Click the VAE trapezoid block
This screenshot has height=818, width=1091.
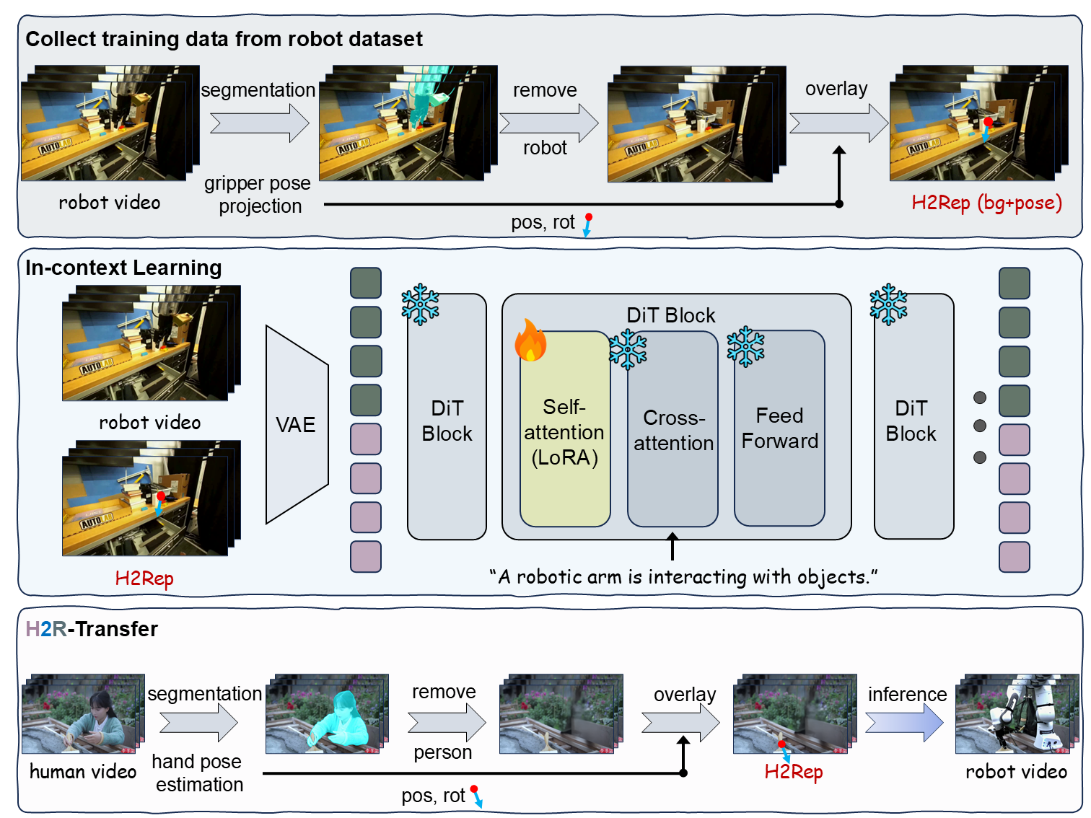297,425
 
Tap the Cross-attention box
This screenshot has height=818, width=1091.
672,431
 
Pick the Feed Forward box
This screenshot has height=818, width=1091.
779,428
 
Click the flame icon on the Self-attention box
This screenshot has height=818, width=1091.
530,340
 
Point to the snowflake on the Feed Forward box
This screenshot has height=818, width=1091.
745,347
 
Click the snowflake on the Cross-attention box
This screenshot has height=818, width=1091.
628,350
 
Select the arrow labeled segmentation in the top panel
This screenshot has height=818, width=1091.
259,123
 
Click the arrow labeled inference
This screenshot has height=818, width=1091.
904,721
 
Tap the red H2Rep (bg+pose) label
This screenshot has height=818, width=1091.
986,203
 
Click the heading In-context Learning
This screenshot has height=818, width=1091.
123,268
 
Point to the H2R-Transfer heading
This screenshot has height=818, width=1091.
92,629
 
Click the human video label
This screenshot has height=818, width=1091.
83,772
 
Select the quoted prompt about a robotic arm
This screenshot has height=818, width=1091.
683,577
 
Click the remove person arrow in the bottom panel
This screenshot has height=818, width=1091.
446,722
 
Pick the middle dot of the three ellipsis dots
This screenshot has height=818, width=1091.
979,426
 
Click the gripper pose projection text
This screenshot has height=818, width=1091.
258,195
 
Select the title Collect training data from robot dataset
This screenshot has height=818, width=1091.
224,39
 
